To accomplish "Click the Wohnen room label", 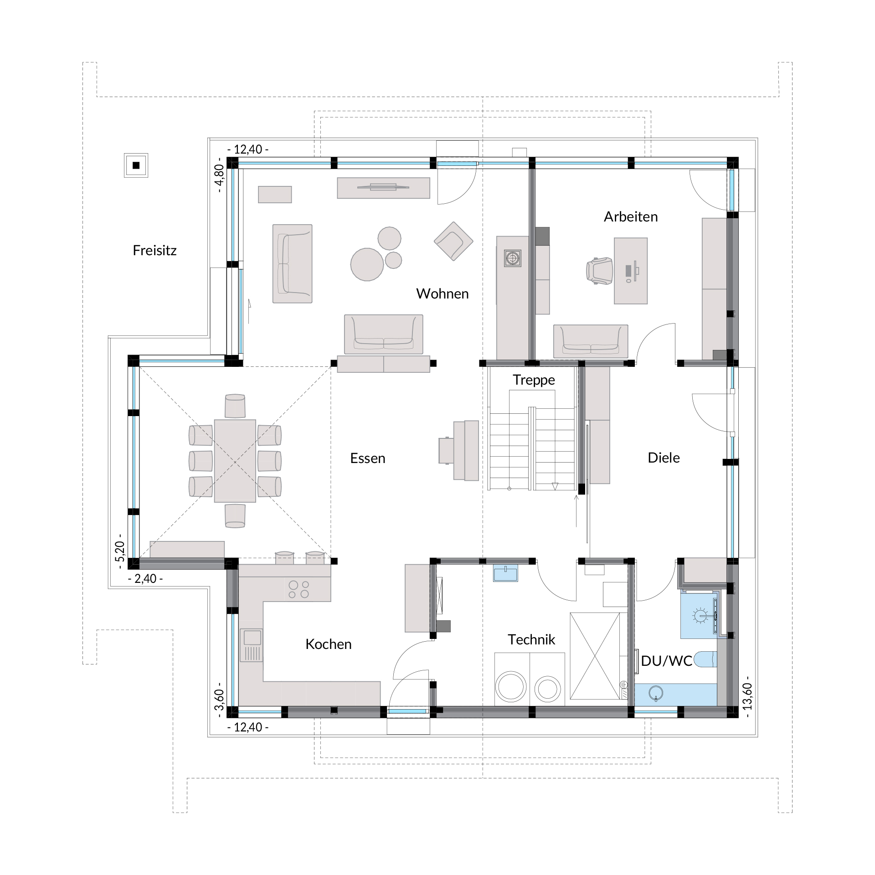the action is pyautogui.click(x=442, y=294).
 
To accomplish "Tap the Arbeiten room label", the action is pyautogui.click(x=631, y=217).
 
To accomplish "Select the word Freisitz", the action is pyautogui.click(x=154, y=251).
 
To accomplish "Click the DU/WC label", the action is pyautogui.click(x=666, y=661).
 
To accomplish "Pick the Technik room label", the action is pyautogui.click(x=531, y=640).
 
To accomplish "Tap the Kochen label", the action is pyautogui.click(x=328, y=644).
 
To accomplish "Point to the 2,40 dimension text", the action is pyautogui.click(x=146, y=579).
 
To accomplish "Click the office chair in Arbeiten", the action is pyautogui.click(x=599, y=271).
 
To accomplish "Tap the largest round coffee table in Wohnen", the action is pyautogui.click(x=367, y=264).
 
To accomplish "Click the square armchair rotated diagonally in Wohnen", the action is pyautogui.click(x=453, y=241).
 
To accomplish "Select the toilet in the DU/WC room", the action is pyautogui.click(x=705, y=659).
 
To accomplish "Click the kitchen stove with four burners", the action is pyautogui.click(x=299, y=589).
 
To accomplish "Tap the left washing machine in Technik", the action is pyautogui.click(x=511, y=686).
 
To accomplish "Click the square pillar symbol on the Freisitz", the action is pyautogui.click(x=136, y=165).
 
